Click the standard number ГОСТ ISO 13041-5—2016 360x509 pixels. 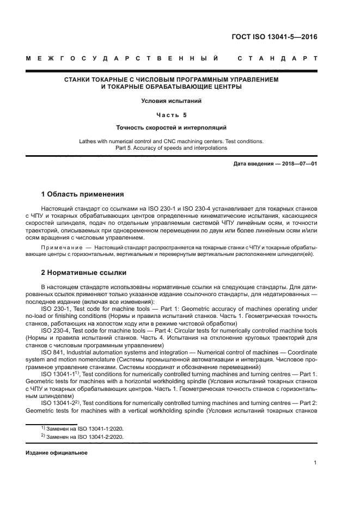(x=274, y=38)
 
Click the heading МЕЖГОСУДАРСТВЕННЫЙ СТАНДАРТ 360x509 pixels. (x=172, y=58)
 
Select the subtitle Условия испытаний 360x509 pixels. (x=172, y=101)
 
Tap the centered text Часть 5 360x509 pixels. (x=172, y=115)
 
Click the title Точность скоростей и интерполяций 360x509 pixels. (x=172, y=128)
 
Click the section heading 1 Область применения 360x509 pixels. (x=82, y=194)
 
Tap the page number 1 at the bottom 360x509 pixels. (x=315, y=463)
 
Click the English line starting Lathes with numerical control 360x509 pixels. (x=172, y=142)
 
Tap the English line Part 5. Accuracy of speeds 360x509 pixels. (x=172, y=148)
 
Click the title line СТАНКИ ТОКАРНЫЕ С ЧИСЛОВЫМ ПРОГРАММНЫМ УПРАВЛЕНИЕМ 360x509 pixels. (x=172, y=79)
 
